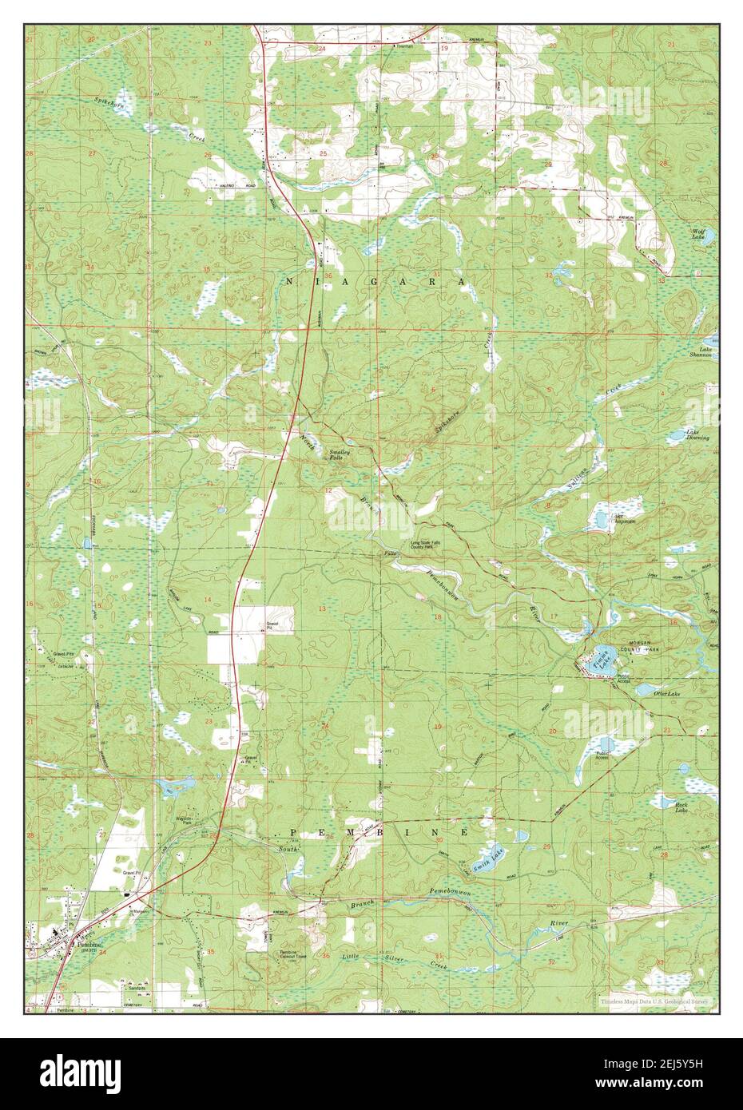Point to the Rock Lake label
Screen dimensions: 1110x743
(681, 807)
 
